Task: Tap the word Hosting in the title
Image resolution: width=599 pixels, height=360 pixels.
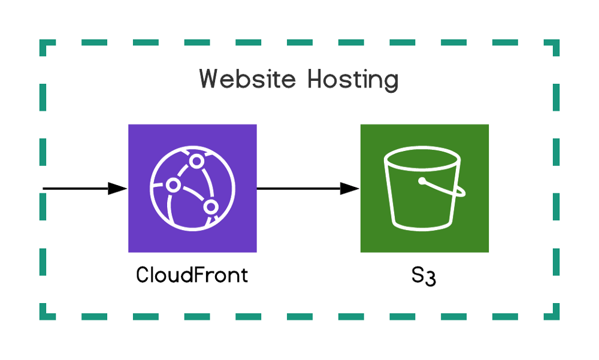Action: point(353,80)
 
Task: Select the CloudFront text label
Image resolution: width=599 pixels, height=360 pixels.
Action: point(192,276)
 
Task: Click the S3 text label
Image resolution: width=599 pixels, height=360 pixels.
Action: point(423,277)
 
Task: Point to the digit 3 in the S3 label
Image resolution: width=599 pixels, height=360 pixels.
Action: point(429,280)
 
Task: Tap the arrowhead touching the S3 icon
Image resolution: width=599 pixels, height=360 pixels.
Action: point(350,189)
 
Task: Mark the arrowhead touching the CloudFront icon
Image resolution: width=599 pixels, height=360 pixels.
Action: point(118,189)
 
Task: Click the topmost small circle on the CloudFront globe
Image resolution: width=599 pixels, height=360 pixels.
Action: point(196,162)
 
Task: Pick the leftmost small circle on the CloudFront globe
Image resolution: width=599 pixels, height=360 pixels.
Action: point(173,185)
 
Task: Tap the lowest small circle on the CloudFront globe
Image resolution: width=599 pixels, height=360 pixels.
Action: point(210,207)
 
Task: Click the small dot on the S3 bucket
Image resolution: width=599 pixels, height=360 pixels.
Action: point(422,180)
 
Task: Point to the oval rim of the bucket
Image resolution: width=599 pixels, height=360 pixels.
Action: point(423,159)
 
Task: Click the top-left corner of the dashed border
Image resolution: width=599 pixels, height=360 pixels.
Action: point(43,43)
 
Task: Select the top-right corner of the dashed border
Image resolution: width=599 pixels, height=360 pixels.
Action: point(556,43)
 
